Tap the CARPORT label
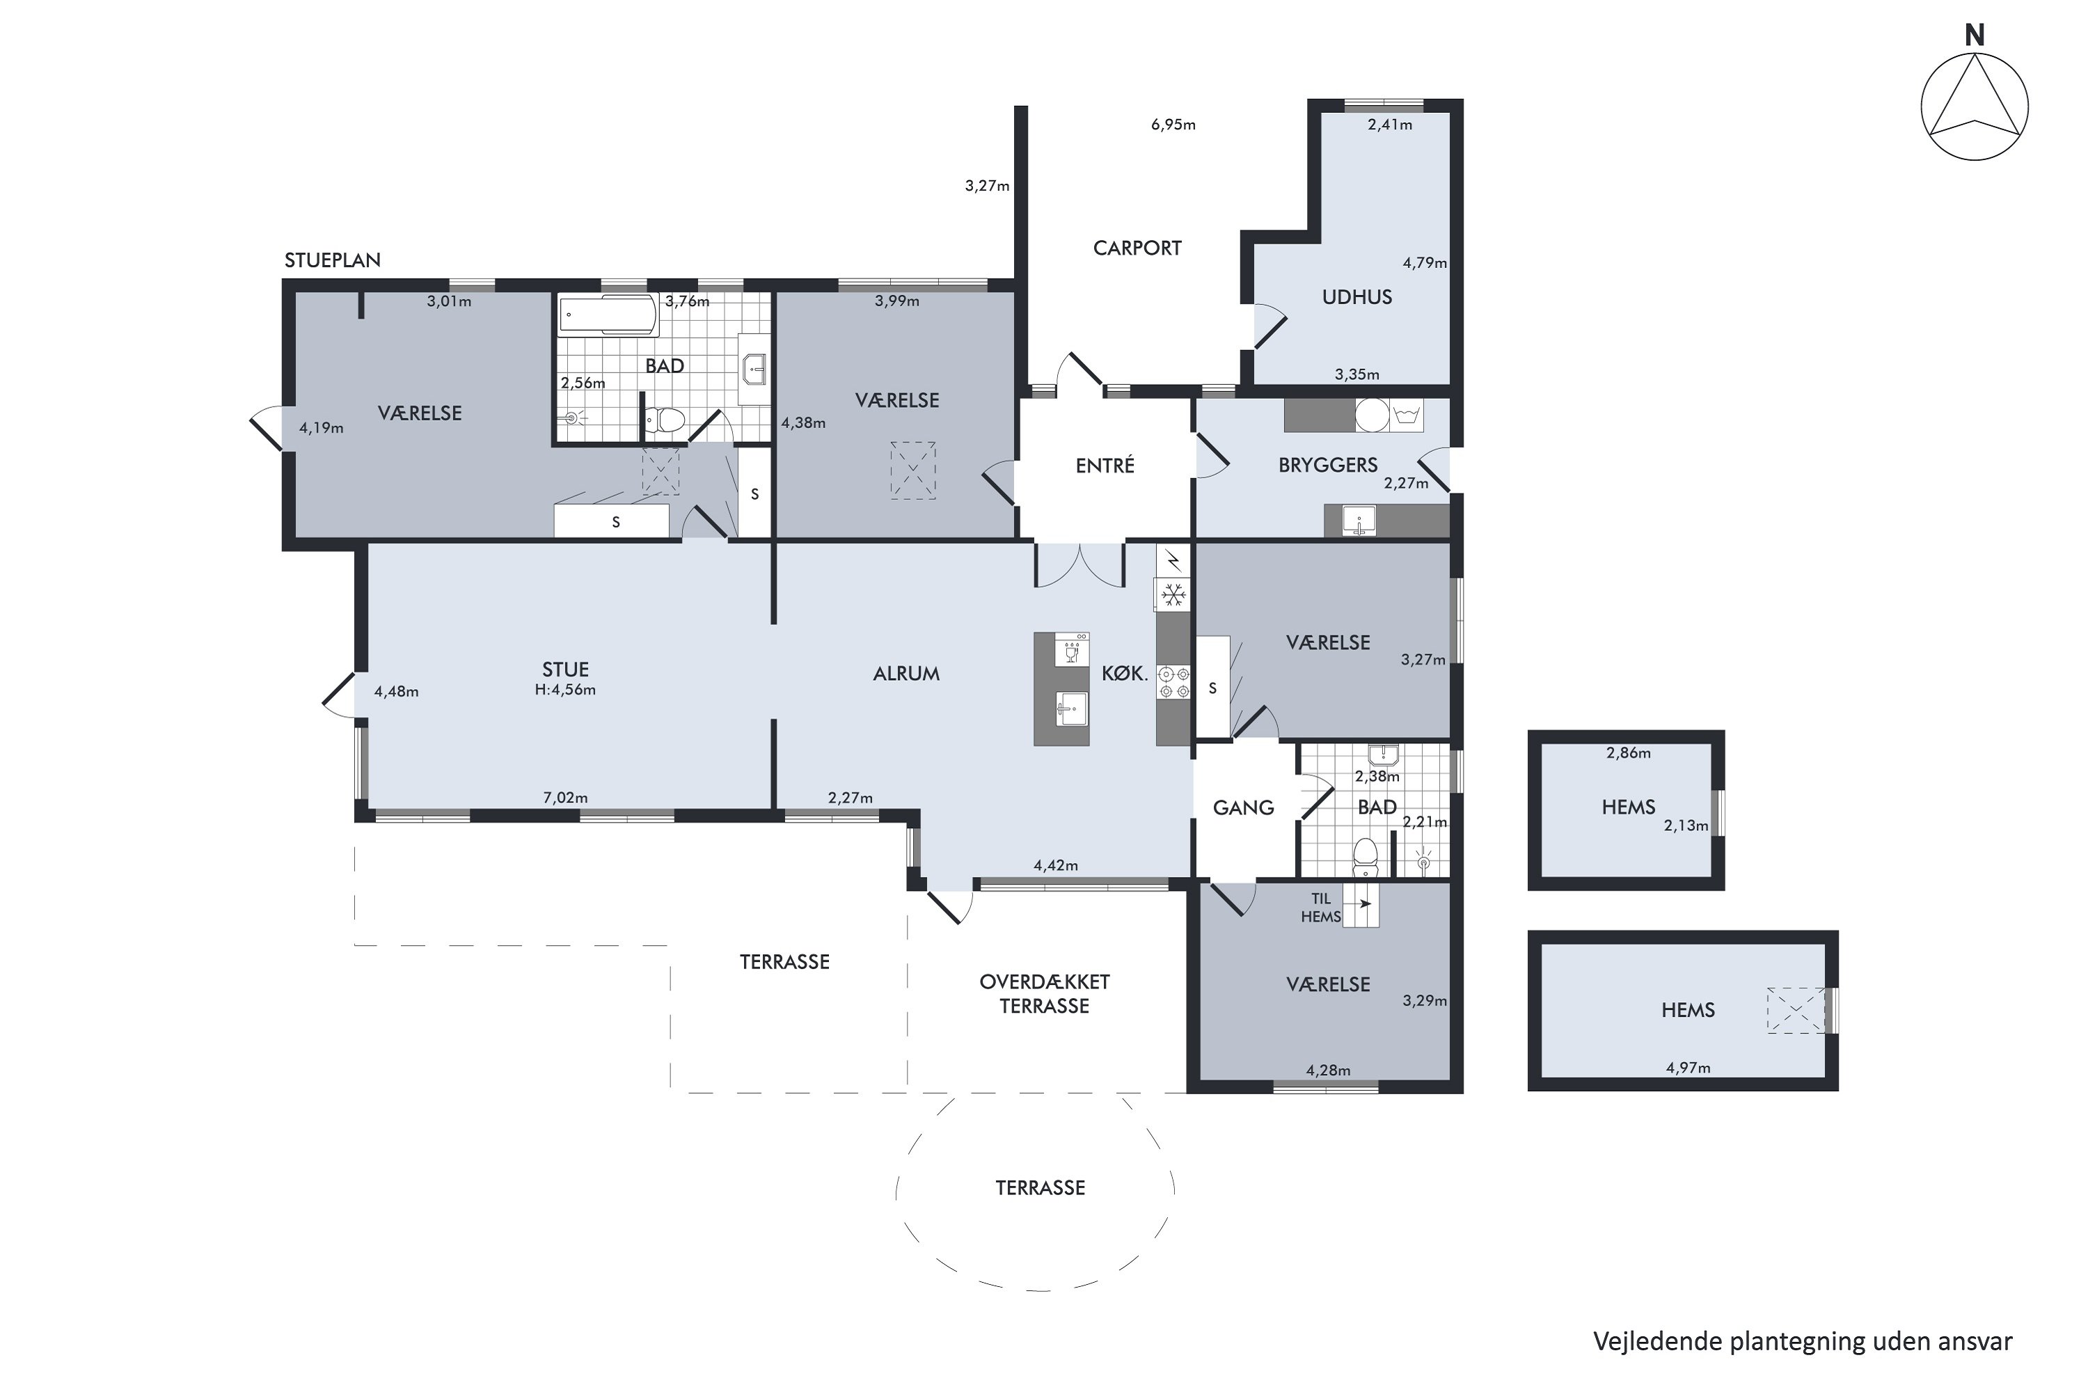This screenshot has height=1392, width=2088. (x=1137, y=248)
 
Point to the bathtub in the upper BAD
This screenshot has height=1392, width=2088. (x=608, y=315)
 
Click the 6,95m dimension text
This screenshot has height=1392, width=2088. (x=1173, y=125)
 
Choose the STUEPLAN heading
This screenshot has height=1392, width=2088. (x=332, y=260)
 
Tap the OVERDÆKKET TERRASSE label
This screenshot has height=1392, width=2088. (x=1044, y=995)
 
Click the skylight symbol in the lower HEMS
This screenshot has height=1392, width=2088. (x=1796, y=1011)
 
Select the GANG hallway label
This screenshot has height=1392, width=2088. (x=1243, y=808)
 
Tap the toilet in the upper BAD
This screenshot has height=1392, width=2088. (x=663, y=419)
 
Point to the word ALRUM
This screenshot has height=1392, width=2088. (x=906, y=674)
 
